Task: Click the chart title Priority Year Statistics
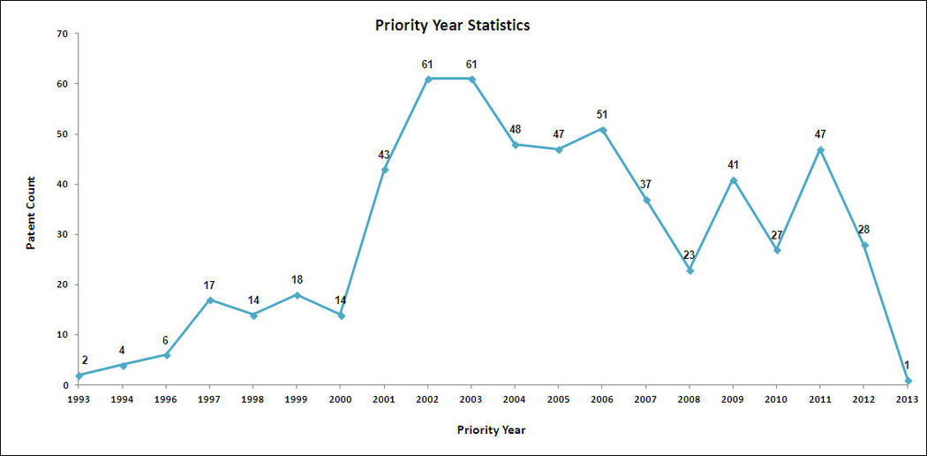pos(452,25)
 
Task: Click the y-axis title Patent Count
pos(31,212)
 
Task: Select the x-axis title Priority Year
pos(492,430)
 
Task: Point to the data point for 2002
pos(427,79)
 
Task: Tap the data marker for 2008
pos(690,270)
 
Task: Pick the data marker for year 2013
pos(908,381)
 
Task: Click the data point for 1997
pos(210,300)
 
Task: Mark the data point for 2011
pos(820,149)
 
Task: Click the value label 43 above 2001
pos(384,155)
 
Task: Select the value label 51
pos(602,115)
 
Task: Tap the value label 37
pos(646,184)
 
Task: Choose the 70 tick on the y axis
pos(61,34)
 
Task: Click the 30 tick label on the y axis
pos(61,235)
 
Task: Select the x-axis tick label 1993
pos(79,399)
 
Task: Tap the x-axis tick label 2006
pos(602,399)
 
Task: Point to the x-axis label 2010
pos(777,399)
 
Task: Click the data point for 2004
pos(515,144)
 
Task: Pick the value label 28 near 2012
pos(864,230)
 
